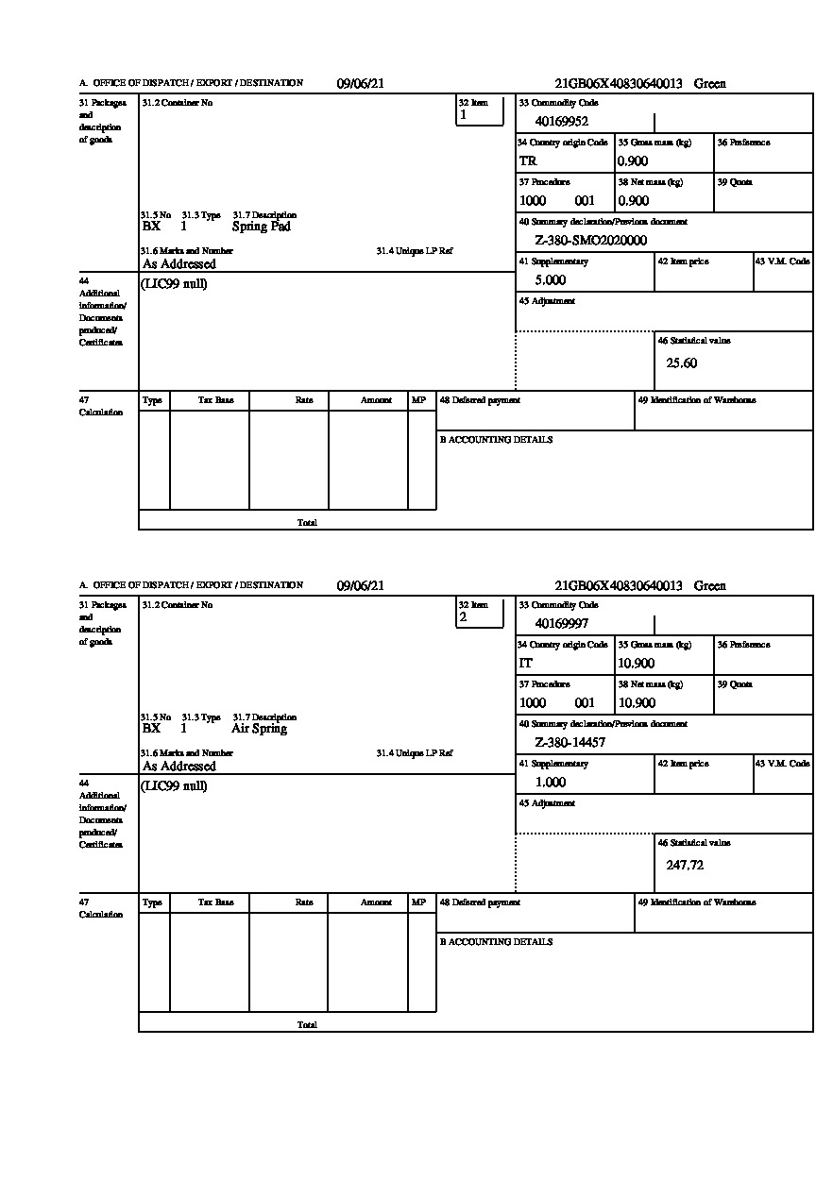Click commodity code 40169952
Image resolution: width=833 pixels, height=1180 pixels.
pyautogui.click(x=561, y=121)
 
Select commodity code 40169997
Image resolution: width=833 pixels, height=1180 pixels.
pyautogui.click(x=561, y=623)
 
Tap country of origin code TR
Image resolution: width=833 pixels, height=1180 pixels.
pyautogui.click(x=528, y=160)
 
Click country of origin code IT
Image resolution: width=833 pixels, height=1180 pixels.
pyautogui.click(x=526, y=663)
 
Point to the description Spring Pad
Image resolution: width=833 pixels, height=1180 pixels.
pyautogui.click(x=261, y=227)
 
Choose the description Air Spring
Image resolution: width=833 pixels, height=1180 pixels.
pyautogui.click(x=259, y=729)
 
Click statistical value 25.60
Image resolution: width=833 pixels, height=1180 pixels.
pyautogui.click(x=682, y=362)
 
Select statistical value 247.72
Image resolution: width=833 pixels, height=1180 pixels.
pyautogui.click(x=685, y=865)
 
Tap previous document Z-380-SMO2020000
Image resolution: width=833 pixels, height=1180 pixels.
pyautogui.click(x=590, y=241)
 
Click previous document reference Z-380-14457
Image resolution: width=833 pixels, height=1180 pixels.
pyautogui.click(x=569, y=743)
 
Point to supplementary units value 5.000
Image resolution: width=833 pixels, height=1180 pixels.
pyautogui.click(x=550, y=280)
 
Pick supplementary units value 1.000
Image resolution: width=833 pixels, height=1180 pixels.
pyautogui.click(x=550, y=783)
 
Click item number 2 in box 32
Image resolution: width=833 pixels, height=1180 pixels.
pyautogui.click(x=463, y=617)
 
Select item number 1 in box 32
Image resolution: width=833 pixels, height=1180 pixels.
pyautogui.click(x=463, y=115)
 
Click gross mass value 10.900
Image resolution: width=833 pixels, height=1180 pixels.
pyautogui.click(x=636, y=663)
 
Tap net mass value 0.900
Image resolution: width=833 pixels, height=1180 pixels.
pyautogui.click(x=633, y=200)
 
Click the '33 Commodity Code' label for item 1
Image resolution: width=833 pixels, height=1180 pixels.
pyautogui.click(x=558, y=102)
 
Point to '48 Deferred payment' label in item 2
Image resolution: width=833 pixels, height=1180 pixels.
pyautogui.click(x=480, y=902)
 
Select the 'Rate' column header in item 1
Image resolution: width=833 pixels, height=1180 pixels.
pyautogui.click(x=303, y=400)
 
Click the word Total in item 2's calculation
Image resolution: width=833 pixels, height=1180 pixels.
pyautogui.click(x=307, y=1024)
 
